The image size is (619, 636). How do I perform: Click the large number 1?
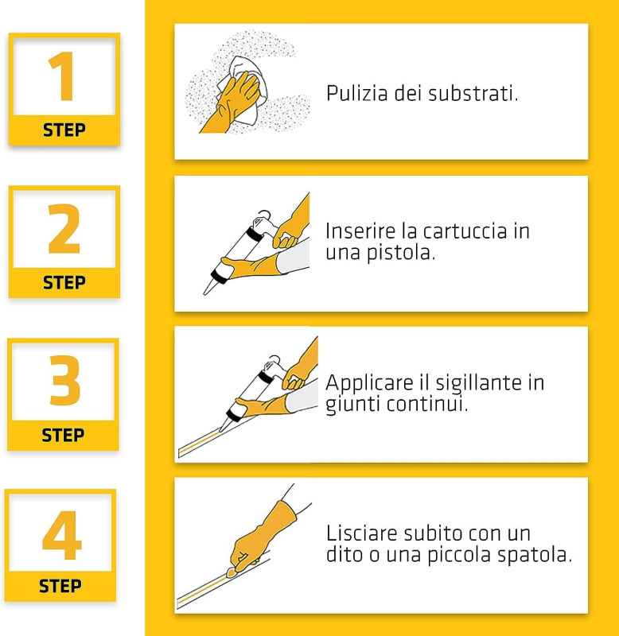click(62, 76)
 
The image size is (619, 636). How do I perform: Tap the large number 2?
click(64, 229)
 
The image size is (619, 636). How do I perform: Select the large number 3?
click(65, 380)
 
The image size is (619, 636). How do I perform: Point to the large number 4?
click(62, 535)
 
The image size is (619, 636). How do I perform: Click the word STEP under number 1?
click(64, 130)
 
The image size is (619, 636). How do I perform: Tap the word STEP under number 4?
click(60, 586)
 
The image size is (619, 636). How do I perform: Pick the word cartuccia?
click(465, 231)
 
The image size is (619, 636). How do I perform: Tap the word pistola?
click(401, 253)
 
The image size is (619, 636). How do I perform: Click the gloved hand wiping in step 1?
click(232, 103)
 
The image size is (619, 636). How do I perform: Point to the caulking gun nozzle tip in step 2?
click(205, 293)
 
